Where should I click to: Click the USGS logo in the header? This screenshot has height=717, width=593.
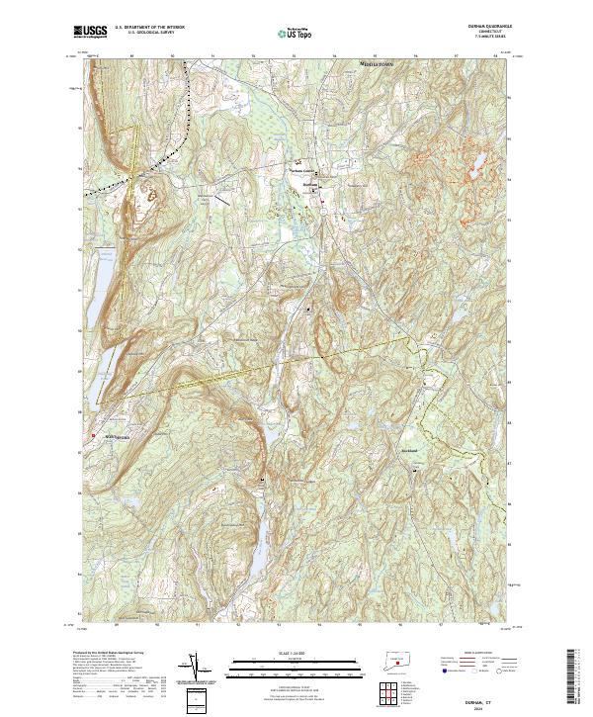pos(90,31)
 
